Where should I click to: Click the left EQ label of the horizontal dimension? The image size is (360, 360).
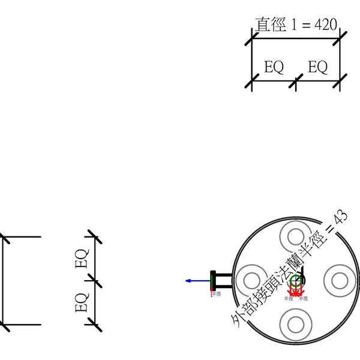click(274, 67)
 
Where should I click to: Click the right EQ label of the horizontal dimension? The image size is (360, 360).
click(318, 67)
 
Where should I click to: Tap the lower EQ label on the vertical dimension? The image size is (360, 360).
click(81, 302)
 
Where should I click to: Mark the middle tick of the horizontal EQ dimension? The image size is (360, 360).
click(296, 83)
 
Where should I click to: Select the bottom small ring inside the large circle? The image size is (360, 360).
click(296, 323)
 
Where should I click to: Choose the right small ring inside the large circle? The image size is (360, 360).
click(339, 280)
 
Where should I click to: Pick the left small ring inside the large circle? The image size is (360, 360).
click(251, 280)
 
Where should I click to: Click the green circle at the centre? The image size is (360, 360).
click(295, 280)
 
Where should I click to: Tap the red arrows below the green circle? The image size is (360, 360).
click(296, 291)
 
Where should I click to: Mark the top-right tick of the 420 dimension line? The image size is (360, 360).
click(340, 38)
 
